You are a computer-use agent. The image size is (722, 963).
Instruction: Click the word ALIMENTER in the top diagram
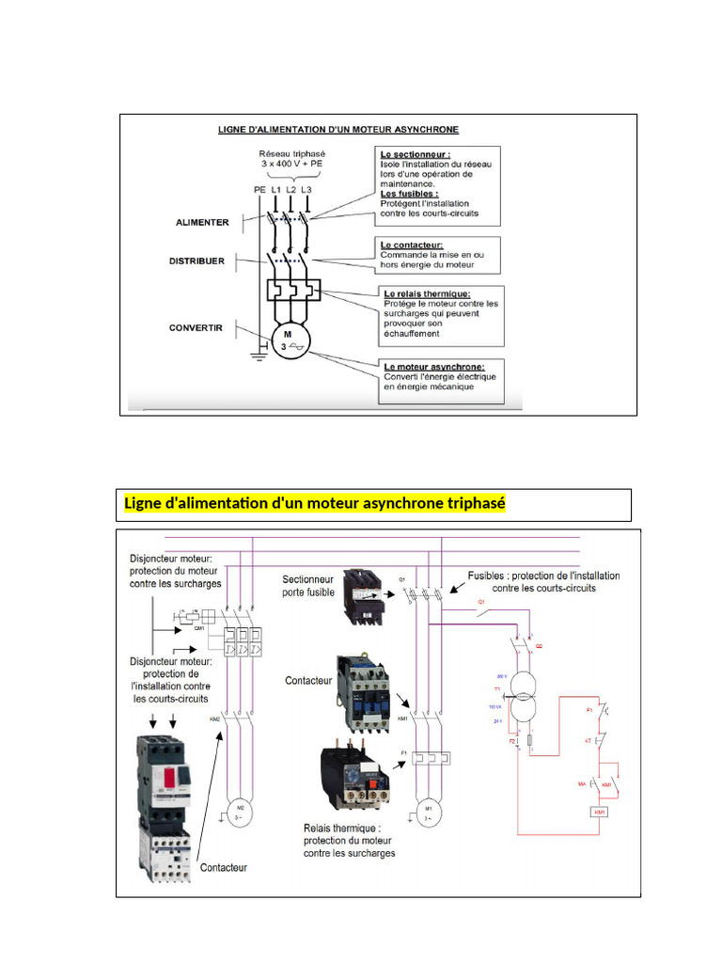coord(202,222)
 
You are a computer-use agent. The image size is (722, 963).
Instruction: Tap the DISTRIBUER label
coord(196,260)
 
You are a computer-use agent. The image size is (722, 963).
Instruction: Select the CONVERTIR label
coord(196,328)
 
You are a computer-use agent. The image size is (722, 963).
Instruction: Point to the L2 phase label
coord(291,189)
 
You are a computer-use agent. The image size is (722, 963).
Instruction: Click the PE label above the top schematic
coord(259,189)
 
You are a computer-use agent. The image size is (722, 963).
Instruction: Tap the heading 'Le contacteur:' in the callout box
coord(412,244)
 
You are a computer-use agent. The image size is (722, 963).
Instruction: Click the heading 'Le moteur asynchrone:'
coord(433,366)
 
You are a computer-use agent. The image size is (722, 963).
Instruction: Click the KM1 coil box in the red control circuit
coord(598,811)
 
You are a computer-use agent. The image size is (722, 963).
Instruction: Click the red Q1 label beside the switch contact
coord(481,600)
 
